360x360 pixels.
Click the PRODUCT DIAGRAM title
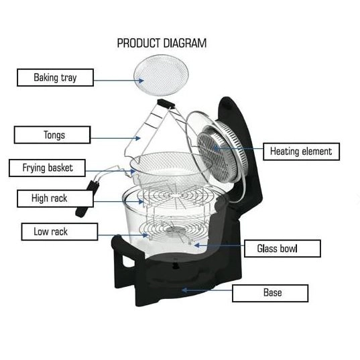(x=162, y=43)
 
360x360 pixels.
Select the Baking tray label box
(x=56, y=78)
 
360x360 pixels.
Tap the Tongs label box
(x=52, y=135)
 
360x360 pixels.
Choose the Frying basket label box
(x=48, y=168)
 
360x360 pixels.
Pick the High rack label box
(x=56, y=198)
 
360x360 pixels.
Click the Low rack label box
(x=60, y=232)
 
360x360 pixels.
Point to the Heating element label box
(x=301, y=152)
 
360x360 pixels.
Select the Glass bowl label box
(x=282, y=249)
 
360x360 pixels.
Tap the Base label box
(x=270, y=293)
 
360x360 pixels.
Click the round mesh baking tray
(x=161, y=75)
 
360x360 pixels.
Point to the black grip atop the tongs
(x=166, y=104)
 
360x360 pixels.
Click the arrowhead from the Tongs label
(x=137, y=138)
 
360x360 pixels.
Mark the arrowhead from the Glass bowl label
(x=197, y=245)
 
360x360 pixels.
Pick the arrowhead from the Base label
(x=185, y=290)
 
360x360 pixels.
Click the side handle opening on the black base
(x=128, y=261)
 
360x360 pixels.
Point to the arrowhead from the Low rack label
(x=145, y=235)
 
